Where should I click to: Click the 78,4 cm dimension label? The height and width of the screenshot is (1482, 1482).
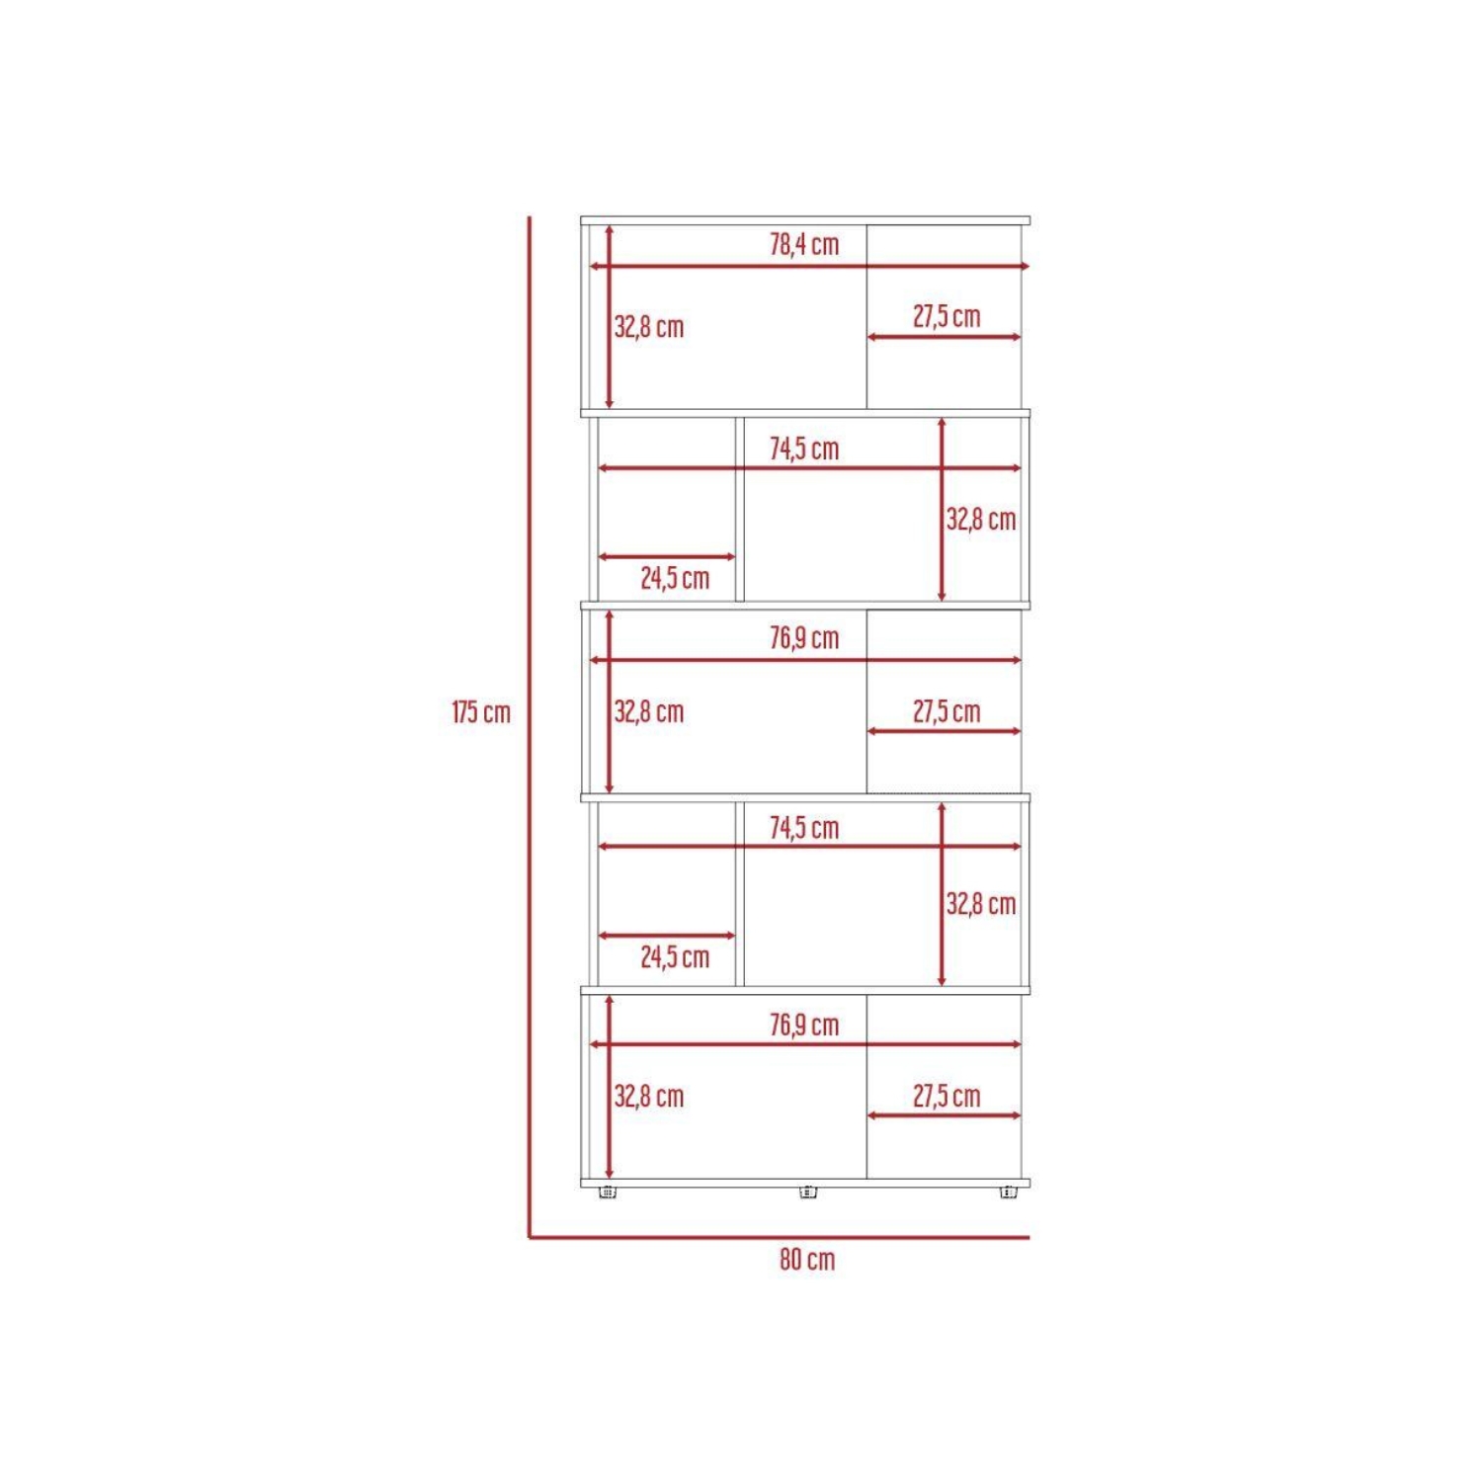coord(804,244)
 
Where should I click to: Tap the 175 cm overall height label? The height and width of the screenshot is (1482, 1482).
coord(481,711)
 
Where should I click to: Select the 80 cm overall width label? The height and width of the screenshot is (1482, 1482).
coord(807,1259)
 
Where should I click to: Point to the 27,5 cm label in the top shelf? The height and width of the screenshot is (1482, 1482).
coord(947,316)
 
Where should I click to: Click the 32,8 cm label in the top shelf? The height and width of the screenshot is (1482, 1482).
coord(649,327)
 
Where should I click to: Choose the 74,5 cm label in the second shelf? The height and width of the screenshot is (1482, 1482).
coord(804,449)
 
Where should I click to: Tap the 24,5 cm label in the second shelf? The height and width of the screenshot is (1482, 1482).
coord(675,578)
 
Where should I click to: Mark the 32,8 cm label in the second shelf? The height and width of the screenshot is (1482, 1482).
coord(981,519)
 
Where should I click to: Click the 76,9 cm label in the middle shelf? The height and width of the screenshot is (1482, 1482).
coord(804,638)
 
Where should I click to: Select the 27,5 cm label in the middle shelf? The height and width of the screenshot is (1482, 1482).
coord(947,711)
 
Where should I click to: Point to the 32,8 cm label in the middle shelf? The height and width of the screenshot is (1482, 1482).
coord(649,711)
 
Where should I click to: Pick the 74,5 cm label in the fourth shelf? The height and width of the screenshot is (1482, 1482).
coord(804,827)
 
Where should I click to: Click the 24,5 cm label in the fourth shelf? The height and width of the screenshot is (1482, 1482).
coord(675,956)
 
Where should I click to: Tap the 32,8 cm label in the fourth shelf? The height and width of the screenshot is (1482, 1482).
coord(981,903)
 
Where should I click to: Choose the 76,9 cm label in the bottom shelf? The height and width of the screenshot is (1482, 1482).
coord(804,1025)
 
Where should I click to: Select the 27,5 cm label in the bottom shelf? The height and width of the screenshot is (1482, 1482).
coord(947,1096)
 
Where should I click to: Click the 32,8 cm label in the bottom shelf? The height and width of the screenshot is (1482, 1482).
coord(649,1096)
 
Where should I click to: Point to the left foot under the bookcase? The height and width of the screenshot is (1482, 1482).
coord(608,1193)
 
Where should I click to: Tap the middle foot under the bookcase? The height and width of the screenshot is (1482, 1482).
coord(808,1193)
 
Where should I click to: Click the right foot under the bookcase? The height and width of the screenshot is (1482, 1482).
coord(1008,1193)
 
